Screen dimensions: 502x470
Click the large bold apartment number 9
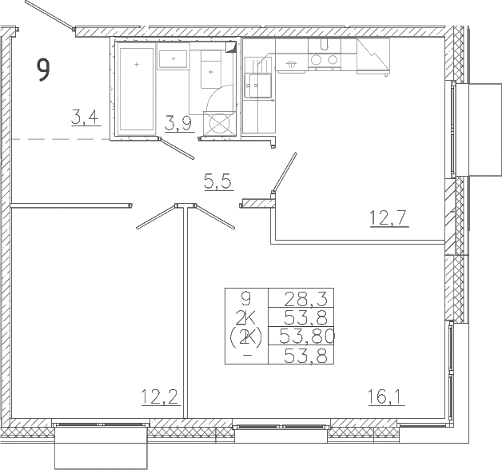(x=43, y=70)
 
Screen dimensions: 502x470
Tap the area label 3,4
(x=86, y=117)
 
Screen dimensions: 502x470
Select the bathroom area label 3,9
(x=179, y=124)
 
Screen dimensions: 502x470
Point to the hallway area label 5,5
(x=219, y=182)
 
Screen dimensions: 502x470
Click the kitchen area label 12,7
(x=389, y=218)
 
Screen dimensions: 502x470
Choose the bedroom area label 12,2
(x=160, y=397)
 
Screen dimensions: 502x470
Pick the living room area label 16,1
(x=386, y=397)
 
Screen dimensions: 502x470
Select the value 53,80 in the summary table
(x=307, y=337)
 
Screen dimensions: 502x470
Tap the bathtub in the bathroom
(x=137, y=89)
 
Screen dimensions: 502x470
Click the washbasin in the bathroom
(x=173, y=59)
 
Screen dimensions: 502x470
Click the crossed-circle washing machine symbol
(x=220, y=123)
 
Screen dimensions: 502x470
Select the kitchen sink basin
(x=258, y=86)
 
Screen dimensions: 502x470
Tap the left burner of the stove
(x=317, y=60)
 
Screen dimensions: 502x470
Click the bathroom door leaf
(x=177, y=149)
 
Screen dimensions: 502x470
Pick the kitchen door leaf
(x=285, y=173)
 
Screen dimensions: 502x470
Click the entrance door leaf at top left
(x=50, y=14)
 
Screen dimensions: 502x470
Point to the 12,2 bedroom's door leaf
(x=157, y=217)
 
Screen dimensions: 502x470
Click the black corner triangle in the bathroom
(x=231, y=47)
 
